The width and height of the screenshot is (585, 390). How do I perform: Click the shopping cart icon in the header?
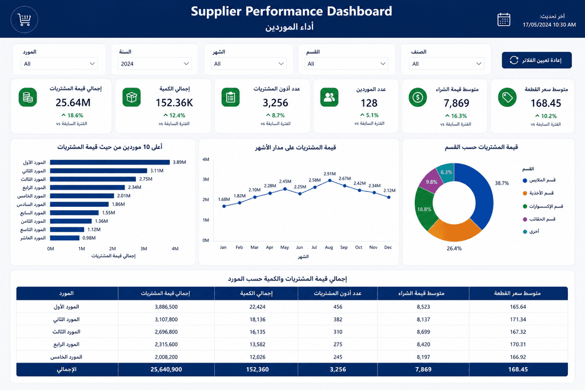coord(24,20)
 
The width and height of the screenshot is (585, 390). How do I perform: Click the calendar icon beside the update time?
coord(504,20)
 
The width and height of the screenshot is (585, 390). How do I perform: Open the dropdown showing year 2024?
coord(154,64)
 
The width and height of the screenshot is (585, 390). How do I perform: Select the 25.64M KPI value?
coord(73,102)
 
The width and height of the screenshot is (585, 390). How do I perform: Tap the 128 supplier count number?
coord(369,103)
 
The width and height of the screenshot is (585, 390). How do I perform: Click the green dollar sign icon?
coord(418,97)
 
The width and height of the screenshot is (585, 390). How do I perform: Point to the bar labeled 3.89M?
coord(110,162)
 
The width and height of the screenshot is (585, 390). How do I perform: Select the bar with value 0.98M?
coord(65,238)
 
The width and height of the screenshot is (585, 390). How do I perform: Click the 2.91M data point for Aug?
coord(330,180)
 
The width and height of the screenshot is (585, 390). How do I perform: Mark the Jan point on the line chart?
coord(224,206)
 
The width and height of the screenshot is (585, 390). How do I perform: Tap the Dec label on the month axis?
coord(388,247)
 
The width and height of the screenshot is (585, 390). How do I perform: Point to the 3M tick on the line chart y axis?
coord(206,179)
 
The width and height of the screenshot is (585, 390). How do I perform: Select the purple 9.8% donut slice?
coord(430,180)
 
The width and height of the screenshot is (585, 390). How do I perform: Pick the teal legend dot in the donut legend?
coord(525,231)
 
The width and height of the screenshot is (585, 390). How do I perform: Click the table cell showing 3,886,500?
coord(166,307)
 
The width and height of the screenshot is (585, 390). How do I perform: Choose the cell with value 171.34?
coord(518,320)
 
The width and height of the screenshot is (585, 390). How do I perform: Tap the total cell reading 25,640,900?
coord(166,369)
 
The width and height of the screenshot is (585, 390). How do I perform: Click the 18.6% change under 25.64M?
coord(73,115)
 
